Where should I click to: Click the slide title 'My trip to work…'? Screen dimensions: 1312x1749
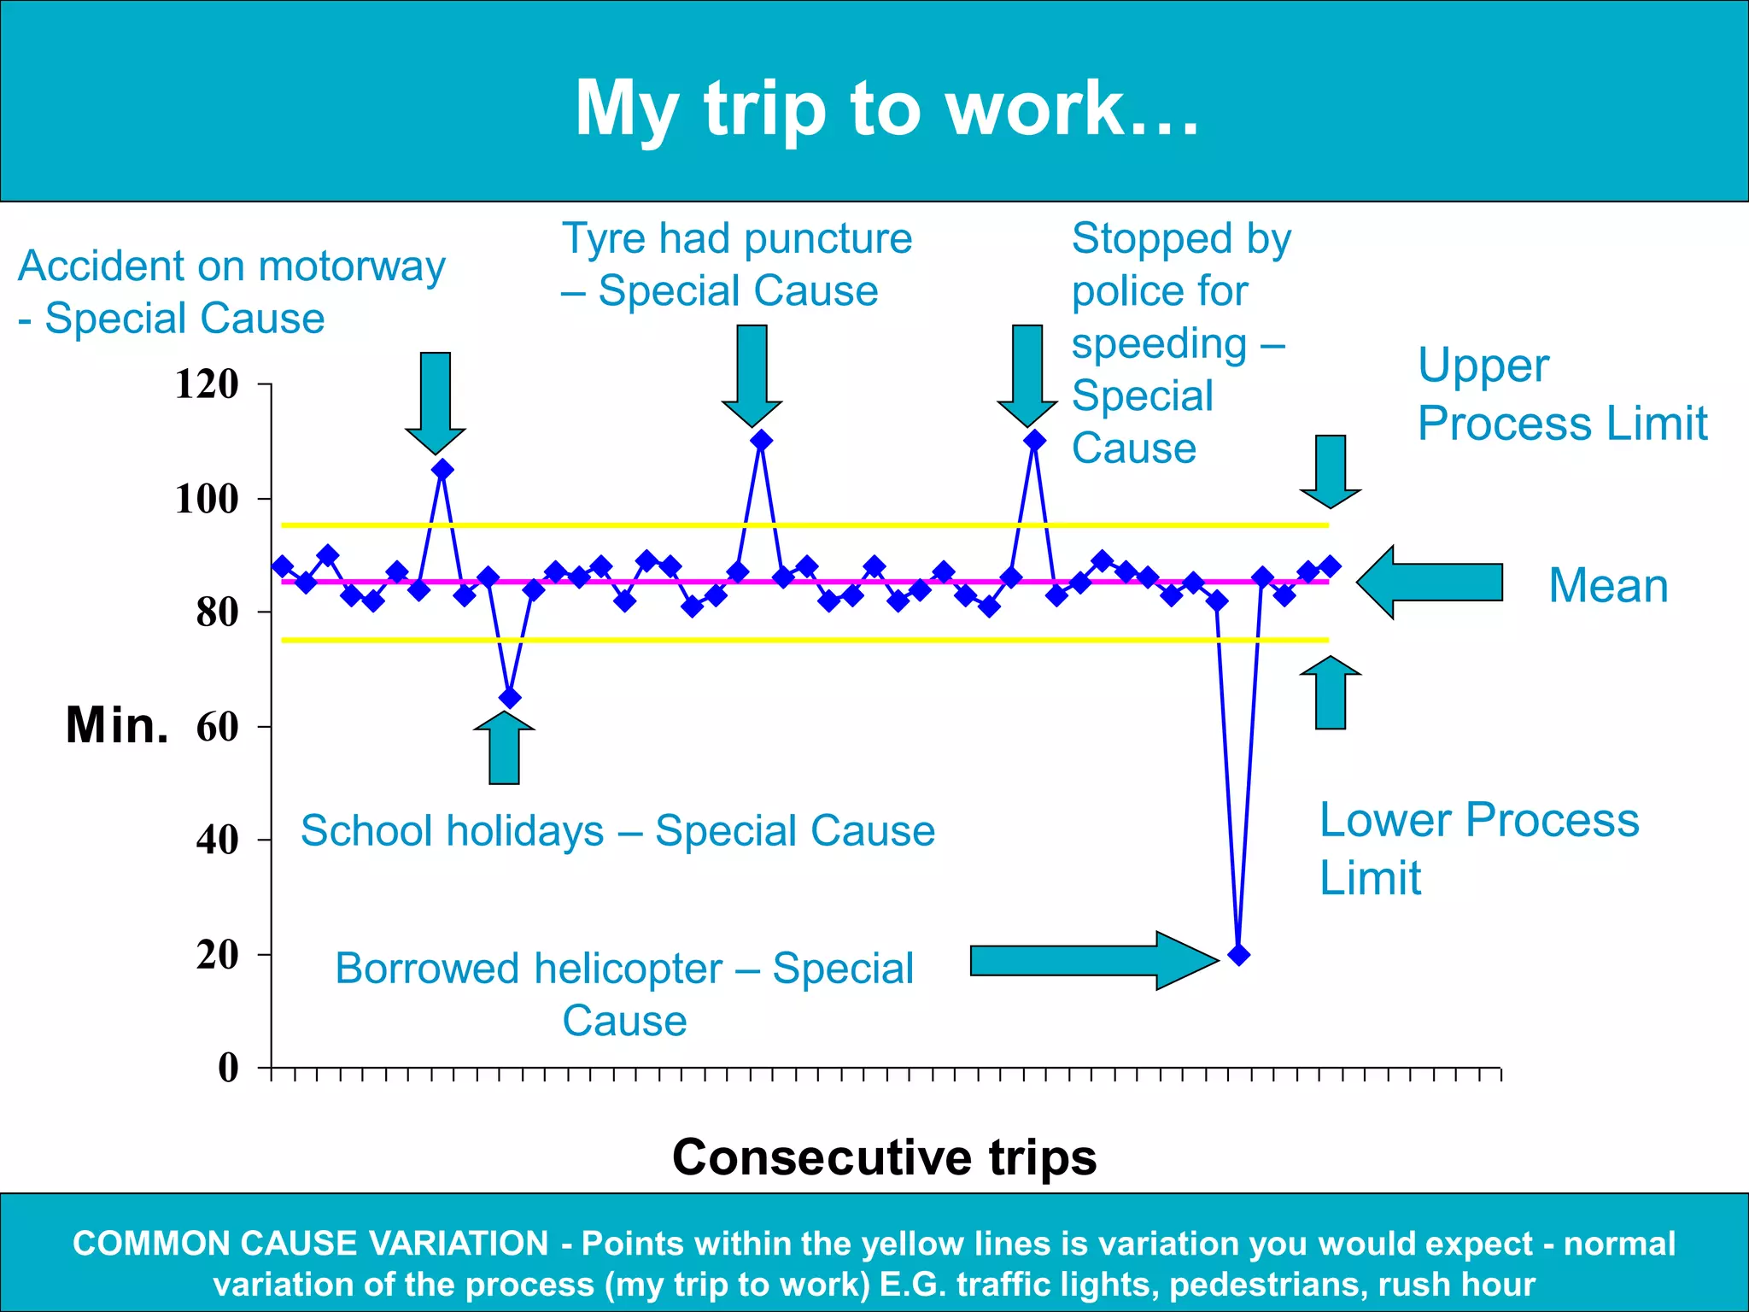click(x=886, y=108)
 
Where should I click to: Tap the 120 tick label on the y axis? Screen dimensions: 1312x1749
click(x=207, y=384)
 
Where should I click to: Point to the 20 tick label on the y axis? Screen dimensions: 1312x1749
click(x=217, y=955)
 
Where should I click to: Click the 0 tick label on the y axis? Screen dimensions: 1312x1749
click(x=228, y=1068)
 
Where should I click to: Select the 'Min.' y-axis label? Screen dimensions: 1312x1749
click(x=117, y=726)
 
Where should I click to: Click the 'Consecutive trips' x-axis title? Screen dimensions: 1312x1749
click(x=884, y=1157)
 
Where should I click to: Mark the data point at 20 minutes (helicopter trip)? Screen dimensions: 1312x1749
click(x=1238, y=955)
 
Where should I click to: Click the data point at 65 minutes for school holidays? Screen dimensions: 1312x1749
click(x=510, y=698)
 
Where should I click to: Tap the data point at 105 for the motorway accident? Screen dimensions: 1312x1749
click(x=442, y=470)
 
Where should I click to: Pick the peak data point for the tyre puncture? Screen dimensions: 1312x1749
click(x=762, y=441)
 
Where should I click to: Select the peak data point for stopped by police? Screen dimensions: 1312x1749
click(x=1034, y=441)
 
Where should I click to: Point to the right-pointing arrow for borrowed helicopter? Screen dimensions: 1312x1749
click(x=1092, y=961)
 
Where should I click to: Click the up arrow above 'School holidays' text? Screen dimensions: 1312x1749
click(x=504, y=747)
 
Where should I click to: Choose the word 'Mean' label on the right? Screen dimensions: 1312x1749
click(x=1608, y=586)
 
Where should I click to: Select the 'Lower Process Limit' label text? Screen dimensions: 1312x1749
click(x=1478, y=848)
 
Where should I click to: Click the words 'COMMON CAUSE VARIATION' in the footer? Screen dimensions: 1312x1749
click(x=310, y=1244)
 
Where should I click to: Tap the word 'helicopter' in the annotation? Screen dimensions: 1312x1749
click(x=629, y=969)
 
